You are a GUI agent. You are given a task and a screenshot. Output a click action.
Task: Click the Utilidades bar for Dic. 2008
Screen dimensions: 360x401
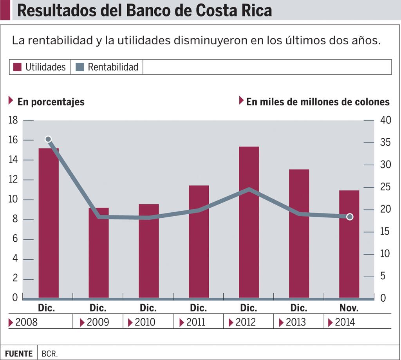click(x=49, y=223)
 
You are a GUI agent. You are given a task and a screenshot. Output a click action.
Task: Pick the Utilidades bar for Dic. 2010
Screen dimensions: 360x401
click(x=149, y=251)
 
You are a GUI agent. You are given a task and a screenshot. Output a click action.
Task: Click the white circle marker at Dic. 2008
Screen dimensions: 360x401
click(x=48, y=139)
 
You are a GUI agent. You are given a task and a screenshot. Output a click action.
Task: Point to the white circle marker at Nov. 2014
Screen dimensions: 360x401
click(x=350, y=217)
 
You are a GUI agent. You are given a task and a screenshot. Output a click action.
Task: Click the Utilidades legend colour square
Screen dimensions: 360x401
click(x=17, y=67)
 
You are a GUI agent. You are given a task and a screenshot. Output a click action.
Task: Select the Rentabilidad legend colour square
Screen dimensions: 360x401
click(x=79, y=67)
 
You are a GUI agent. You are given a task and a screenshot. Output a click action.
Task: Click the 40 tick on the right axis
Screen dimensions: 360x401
click(x=386, y=120)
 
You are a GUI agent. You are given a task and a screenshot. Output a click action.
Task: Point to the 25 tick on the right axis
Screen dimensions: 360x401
click(x=386, y=187)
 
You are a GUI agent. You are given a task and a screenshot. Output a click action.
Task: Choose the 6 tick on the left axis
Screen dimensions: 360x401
click(x=15, y=240)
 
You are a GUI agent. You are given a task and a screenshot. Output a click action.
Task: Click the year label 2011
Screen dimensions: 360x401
click(x=195, y=322)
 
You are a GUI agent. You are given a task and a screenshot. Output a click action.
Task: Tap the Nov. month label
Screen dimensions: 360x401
click(x=349, y=308)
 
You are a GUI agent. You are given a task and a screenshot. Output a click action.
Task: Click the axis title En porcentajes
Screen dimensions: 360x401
click(x=51, y=102)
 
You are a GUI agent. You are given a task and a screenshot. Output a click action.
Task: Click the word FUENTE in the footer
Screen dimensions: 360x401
click(x=19, y=353)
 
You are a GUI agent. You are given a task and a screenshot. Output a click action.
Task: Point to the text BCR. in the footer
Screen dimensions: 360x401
click(x=50, y=353)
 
